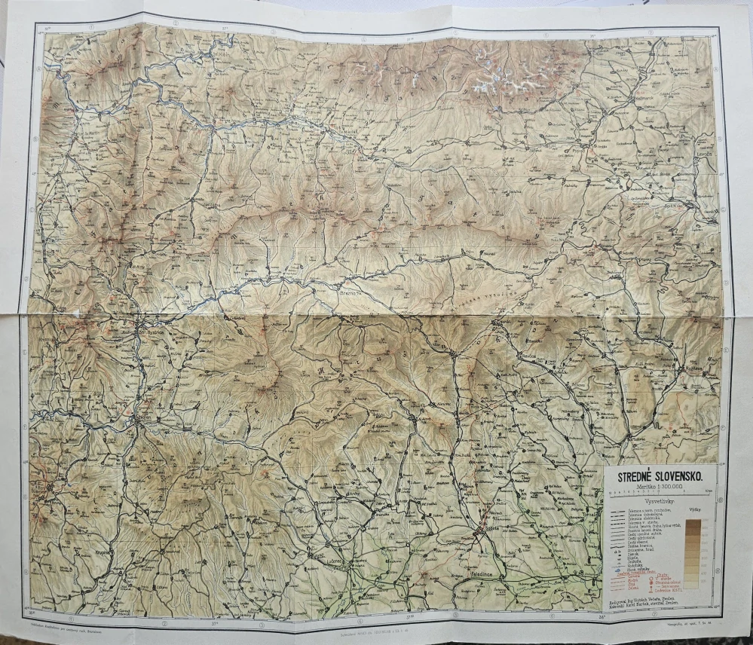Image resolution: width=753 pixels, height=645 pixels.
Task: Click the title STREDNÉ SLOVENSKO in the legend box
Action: point(660,476)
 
